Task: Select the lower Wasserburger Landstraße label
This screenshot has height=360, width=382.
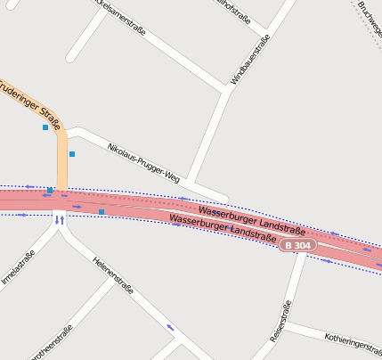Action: pyautogui.click(x=222, y=228)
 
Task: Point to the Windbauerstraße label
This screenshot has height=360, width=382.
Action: pyautogui.click(x=249, y=60)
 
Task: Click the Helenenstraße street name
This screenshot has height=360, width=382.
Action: pyautogui.click(x=113, y=275)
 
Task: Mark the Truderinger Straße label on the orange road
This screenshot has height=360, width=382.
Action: pyautogui.click(x=28, y=102)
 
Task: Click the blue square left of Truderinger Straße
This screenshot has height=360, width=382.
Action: pyautogui.click(x=45, y=127)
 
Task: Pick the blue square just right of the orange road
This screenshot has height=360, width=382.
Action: pyautogui.click(x=72, y=154)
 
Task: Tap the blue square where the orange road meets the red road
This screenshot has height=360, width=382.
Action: pyautogui.click(x=50, y=190)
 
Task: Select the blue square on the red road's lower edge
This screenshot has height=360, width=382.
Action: pyautogui.click(x=102, y=212)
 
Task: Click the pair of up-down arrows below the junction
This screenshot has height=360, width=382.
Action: pyautogui.click(x=60, y=220)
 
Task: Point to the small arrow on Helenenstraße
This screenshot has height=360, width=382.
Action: pyautogui.click(x=170, y=328)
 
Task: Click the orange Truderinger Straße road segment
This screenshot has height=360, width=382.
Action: pyautogui.click(x=61, y=160)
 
